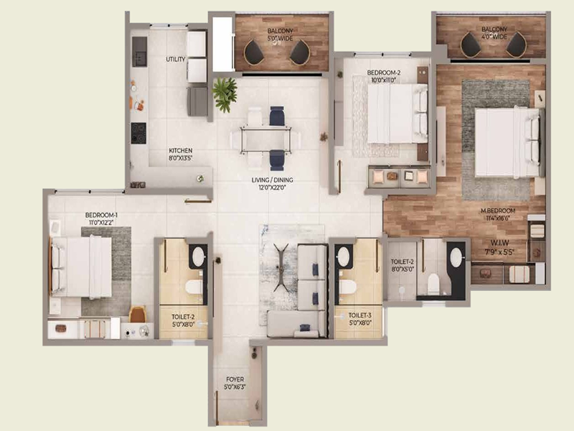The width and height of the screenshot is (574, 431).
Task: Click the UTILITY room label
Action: [176, 59]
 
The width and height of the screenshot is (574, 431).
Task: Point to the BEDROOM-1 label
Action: [102, 215]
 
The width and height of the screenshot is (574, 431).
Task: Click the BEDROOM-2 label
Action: [385, 73]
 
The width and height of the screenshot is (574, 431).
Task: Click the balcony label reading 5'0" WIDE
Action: [281, 35]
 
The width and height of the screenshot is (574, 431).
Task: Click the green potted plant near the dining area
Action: [225, 93]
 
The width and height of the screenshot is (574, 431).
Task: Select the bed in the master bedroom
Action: [507, 142]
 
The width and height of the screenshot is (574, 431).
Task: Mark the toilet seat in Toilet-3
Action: [347, 288]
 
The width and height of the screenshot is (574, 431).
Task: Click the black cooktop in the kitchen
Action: [138, 132]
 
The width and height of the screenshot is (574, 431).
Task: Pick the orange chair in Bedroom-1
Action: [138, 314]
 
